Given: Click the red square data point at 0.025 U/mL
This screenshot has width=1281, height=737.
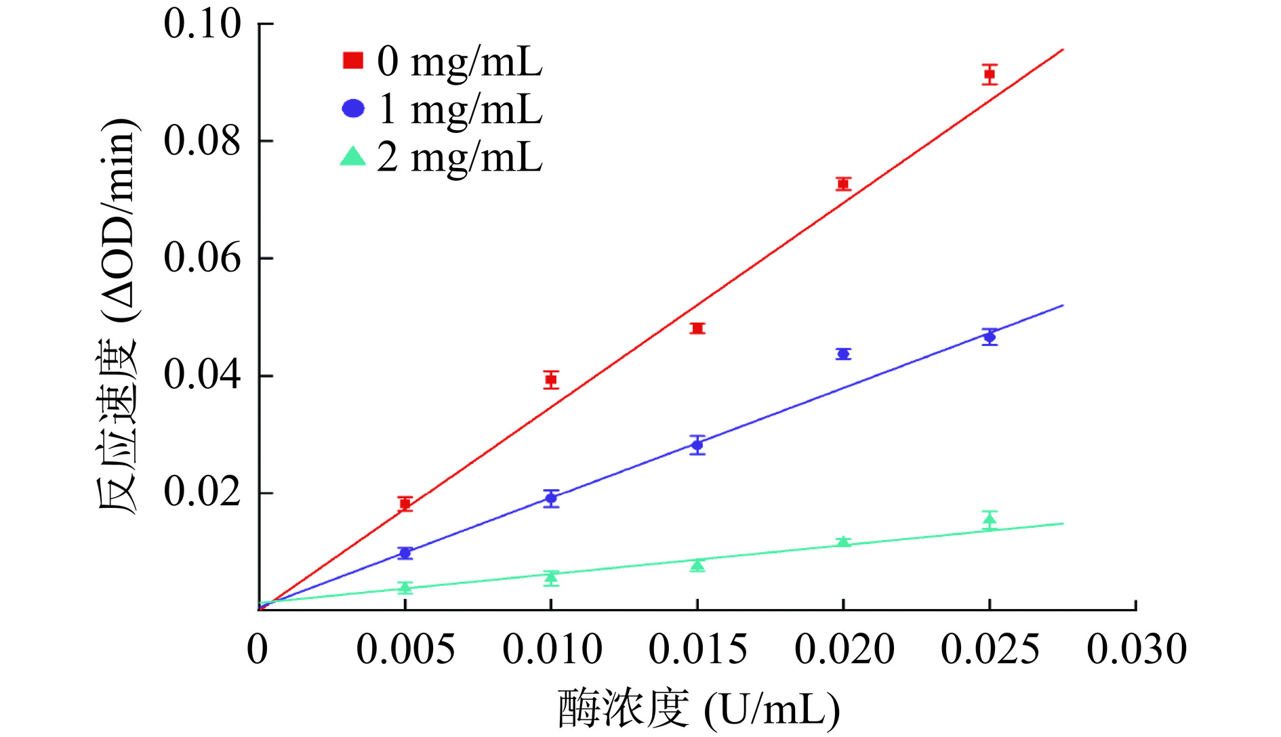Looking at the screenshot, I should point(990,74).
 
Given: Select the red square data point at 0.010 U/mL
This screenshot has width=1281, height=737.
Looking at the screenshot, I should point(551,379).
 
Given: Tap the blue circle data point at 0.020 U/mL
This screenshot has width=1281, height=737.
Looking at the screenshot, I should point(843,354).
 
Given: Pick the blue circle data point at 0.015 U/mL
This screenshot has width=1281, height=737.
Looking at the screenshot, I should point(697,445).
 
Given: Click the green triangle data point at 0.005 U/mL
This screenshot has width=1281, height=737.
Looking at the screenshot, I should point(405,587).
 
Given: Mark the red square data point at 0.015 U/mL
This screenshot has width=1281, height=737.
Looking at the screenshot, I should point(697,329).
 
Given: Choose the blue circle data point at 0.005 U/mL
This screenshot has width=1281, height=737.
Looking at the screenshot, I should point(405,553).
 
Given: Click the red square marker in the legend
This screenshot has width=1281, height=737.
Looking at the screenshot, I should point(352,60).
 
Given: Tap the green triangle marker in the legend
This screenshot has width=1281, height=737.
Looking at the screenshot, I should point(352,157).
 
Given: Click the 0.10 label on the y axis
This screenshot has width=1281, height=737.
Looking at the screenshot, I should point(202,24).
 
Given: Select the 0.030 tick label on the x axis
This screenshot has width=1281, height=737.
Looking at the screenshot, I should point(1137,649).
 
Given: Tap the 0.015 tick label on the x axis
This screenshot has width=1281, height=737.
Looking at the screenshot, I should point(697,649).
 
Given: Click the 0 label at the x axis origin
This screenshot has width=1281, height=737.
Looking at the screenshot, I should point(258,649).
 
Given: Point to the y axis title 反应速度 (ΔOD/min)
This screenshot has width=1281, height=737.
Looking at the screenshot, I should point(119,317).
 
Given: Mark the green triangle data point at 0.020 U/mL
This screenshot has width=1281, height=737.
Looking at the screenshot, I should point(843,542).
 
